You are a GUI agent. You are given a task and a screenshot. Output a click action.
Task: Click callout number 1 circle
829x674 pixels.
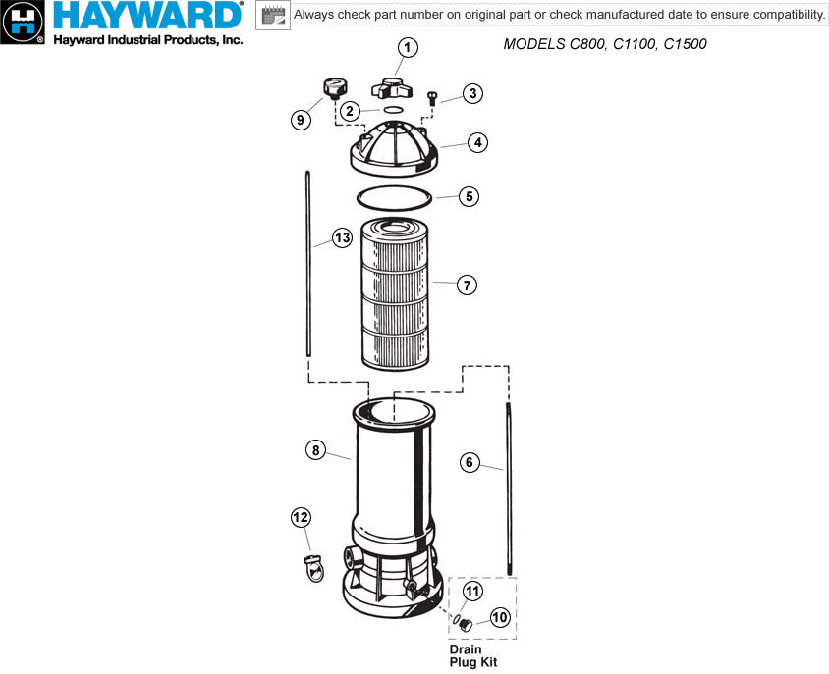(408, 48)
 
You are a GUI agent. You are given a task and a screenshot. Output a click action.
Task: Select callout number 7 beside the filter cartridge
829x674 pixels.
(468, 285)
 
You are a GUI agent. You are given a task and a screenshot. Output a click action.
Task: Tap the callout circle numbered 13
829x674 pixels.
(342, 237)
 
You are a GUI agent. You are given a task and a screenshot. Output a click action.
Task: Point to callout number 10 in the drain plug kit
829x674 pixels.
(499, 617)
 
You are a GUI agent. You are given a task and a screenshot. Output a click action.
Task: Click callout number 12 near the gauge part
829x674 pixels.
(301, 516)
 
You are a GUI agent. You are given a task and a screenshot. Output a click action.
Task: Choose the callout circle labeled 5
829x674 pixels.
(470, 196)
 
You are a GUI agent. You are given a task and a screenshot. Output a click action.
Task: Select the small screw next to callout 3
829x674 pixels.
(433, 97)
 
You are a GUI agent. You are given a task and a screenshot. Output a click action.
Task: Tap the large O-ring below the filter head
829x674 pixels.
(394, 197)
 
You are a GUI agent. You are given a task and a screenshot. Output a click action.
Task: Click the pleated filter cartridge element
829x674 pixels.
(396, 294)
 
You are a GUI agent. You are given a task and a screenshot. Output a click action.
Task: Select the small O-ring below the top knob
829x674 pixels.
(391, 110)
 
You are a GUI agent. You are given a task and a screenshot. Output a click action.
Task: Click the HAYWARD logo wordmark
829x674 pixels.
(147, 17)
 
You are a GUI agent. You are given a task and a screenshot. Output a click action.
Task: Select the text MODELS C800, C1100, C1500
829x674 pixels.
(604, 45)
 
